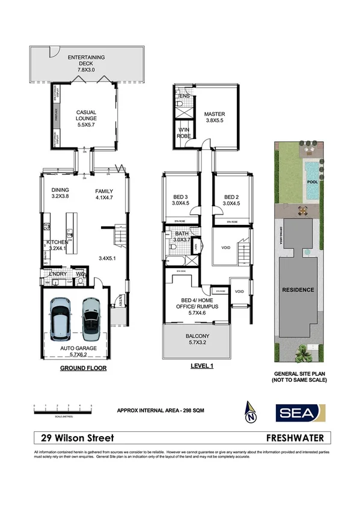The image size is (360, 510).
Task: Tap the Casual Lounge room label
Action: point(86,115)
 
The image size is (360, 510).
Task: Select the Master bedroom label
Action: point(214,117)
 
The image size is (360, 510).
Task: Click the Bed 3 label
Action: point(180,200)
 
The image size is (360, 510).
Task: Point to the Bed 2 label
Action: point(232,200)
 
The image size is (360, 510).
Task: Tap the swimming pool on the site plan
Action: point(313,180)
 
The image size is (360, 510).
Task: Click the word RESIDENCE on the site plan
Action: point(298,290)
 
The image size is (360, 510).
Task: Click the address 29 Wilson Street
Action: point(75,438)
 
